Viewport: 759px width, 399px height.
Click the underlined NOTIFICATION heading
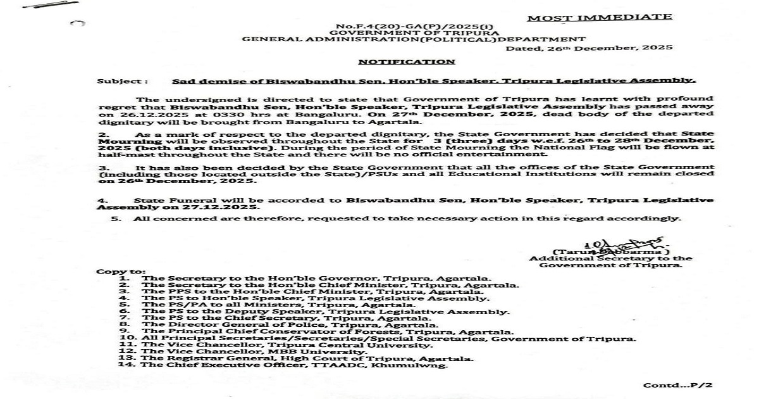click(x=406, y=62)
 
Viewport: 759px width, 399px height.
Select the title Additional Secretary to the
click(x=610, y=258)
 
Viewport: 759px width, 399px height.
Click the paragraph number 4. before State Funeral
click(x=100, y=199)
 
